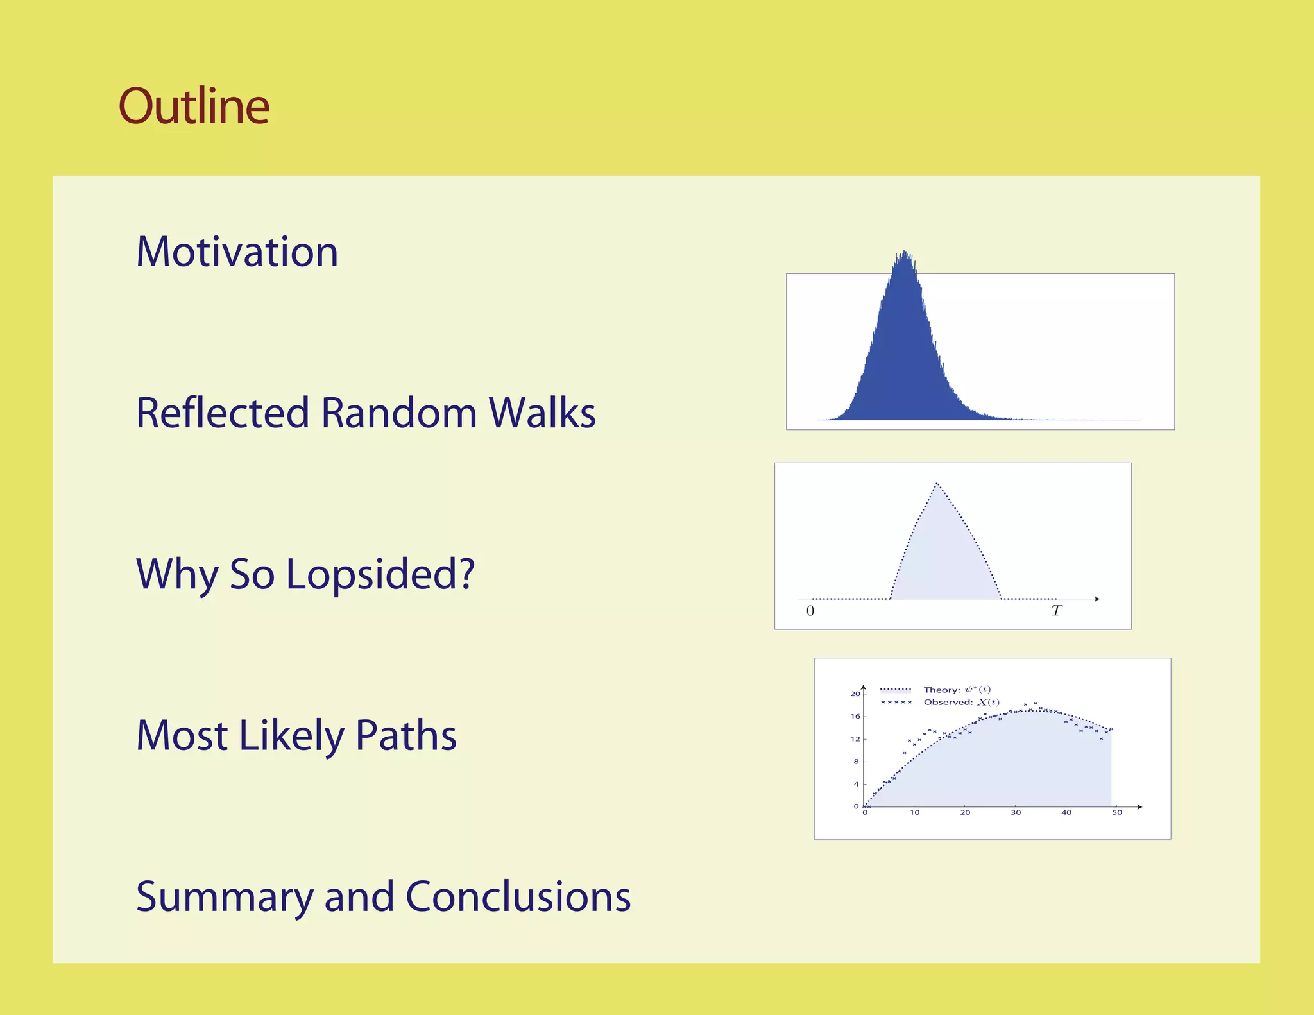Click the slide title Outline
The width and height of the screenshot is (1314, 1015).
click(194, 107)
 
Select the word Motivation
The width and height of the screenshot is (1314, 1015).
click(237, 252)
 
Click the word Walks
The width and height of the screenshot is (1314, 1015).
click(542, 413)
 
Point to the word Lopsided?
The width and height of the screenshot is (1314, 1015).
click(380, 574)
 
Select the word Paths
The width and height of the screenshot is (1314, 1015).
click(405, 735)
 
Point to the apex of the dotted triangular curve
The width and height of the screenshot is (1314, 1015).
click(937, 484)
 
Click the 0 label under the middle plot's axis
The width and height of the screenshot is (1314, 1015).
click(810, 611)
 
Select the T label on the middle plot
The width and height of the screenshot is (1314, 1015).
click(1057, 611)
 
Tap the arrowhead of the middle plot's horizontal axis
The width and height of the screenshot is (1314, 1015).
click(1097, 599)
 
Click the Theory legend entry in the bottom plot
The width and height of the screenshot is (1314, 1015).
click(957, 690)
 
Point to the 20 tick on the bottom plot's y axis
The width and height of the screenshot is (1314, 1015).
click(855, 694)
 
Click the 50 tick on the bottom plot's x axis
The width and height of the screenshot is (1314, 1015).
click(1117, 812)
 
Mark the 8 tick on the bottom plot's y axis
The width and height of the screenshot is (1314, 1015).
click(856, 762)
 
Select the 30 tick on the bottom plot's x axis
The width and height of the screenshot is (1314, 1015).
click(1016, 812)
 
